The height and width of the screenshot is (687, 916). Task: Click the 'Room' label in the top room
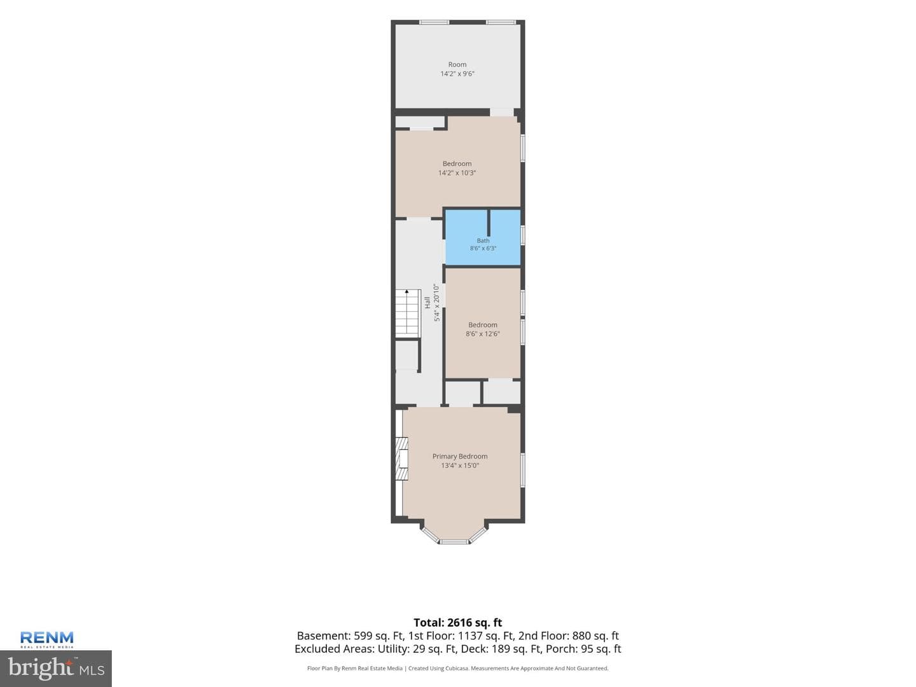coord(457,65)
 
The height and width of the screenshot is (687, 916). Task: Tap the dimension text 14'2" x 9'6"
coord(457,74)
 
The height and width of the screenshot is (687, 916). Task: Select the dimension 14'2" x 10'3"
coord(457,172)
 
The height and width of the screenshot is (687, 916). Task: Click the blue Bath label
coord(483,240)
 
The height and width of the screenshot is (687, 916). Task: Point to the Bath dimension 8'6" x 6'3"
coord(483,248)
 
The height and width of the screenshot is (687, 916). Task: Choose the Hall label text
coord(427,302)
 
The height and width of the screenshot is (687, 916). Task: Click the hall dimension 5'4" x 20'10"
coord(436,302)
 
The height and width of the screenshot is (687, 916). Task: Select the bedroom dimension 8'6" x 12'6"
coord(482,334)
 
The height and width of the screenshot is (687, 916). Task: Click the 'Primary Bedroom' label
coord(459,456)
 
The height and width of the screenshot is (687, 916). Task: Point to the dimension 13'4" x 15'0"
coord(459,466)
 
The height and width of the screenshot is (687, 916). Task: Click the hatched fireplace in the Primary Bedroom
coord(401,459)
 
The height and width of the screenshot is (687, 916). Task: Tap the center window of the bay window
coord(454,542)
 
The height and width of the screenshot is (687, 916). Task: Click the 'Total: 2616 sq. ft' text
coord(457,623)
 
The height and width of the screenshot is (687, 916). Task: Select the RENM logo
coord(46,639)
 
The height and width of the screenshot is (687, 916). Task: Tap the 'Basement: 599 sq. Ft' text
coord(350,635)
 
